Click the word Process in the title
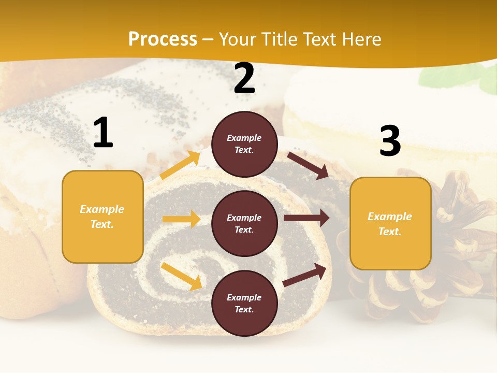(163, 39)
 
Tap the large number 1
(103, 133)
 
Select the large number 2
(244, 78)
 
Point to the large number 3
(390, 141)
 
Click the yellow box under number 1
(103, 217)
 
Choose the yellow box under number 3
(390, 224)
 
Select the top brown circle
(245, 144)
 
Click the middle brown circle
(245, 224)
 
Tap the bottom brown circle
(245, 304)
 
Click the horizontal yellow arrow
(181, 219)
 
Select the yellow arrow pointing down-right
(181, 276)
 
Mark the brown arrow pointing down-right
(308, 165)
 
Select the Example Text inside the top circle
(244, 144)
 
